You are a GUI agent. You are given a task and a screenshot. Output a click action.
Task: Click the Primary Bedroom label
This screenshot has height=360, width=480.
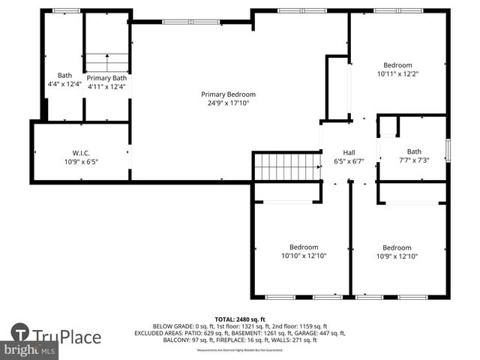coord(228,94)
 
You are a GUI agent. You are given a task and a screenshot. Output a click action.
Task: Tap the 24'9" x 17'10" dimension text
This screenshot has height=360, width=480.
coord(228,103)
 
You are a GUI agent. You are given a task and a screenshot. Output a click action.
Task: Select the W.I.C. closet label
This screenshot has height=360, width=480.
coord(81,152)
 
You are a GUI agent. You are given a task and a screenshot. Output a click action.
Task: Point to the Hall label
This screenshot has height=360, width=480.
coord(349,152)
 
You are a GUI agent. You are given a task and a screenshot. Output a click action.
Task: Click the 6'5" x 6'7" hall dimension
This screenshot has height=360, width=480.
coord(349,161)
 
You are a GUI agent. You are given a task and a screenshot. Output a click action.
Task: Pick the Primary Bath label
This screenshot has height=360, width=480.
coord(106,78)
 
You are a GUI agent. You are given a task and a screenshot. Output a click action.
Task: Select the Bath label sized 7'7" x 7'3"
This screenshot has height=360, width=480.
coord(414,151)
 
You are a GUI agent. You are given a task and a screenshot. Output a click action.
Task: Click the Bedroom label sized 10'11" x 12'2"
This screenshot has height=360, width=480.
coord(397,65)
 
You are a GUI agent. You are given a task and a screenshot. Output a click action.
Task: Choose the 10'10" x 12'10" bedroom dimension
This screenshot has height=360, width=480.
coord(304,256)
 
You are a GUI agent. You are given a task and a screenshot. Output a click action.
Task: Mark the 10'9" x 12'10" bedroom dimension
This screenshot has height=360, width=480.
coord(397,256)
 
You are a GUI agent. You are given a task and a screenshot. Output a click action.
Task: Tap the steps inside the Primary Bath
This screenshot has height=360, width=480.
coord(106,62)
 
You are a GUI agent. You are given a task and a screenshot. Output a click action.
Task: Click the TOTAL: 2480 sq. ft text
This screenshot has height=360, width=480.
coord(240,319)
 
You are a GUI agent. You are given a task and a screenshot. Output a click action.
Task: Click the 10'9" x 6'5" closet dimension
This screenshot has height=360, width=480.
coord(81,161)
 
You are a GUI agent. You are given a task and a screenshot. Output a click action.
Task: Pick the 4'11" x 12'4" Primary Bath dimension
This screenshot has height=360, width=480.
coord(106,87)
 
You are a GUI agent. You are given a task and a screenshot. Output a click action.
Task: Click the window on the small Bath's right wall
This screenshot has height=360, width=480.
coord(447,150)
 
